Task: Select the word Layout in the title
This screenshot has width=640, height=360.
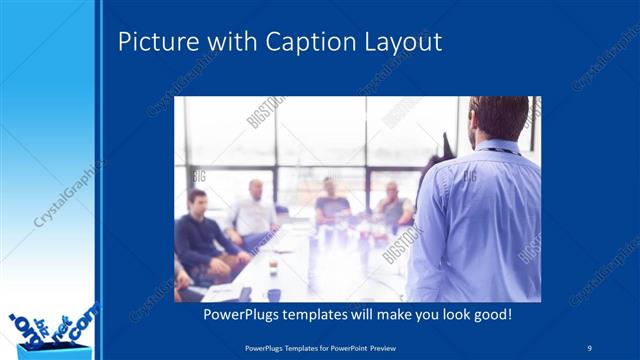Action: point(403,43)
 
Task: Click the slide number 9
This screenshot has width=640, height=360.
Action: point(590,346)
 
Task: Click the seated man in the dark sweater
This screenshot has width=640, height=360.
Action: point(201,235)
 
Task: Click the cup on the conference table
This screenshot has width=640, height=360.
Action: point(272,268)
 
